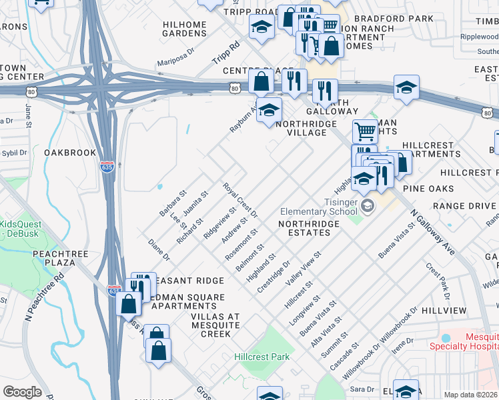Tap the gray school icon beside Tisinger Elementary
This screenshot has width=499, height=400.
pos(368,207)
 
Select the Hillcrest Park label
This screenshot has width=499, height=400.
pos(262,357)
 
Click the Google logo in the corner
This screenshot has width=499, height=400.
pos(22,392)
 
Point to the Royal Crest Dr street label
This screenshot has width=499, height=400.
pos(240,200)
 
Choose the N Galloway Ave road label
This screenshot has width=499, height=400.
pos(432,233)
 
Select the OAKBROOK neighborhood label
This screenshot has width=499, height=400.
pos(71,153)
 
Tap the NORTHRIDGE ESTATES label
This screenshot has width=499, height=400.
pos(304,228)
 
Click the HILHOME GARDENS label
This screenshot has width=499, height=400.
pos(185,29)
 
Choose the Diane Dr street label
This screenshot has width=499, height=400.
pos(159,249)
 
